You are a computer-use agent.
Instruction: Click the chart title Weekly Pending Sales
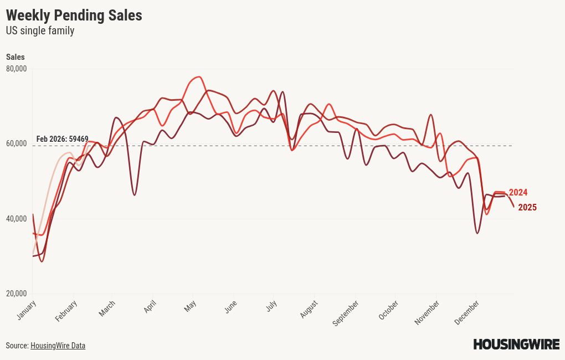pyautogui.click(x=74, y=16)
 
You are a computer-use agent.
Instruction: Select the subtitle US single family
pyautogui.click(x=40, y=31)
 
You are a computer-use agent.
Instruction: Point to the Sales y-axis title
pyautogui.click(x=15, y=57)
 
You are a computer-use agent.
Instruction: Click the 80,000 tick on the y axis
pyautogui.click(x=17, y=69)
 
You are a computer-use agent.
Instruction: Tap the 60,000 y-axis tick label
pyautogui.click(x=17, y=143)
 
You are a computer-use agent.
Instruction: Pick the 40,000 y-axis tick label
pyautogui.click(x=17, y=219)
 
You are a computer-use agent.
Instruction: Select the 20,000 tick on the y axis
pyautogui.click(x=17, y=294)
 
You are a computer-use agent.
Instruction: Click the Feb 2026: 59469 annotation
pyautogui.click(x=62, y=139)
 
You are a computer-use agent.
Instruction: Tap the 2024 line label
pyautogui.click(x=518, y=193)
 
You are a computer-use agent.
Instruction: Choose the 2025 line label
pyautogui.click(x=527, y=208)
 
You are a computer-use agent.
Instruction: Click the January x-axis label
pyautogui.click(x=27, y=310)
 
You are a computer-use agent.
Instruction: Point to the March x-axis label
pyautogui.click(x=107, y=308)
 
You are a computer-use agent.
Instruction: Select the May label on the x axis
pyautogui.click(x=191, y=306)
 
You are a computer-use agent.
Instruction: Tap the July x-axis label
pyautogui.click(x=271, y=306)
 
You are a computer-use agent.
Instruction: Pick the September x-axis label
pyautogui.click(x=346, y=312)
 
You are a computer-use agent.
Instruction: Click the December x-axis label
pyautogui.click(x=466, y=312)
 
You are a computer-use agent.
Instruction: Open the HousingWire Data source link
pyautogui.click(x=58, y=346)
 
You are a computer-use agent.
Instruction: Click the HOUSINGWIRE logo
pyautogui.click(x=516, y=344)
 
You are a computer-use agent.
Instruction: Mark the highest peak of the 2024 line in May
pyautogui.click(x=199, y=77)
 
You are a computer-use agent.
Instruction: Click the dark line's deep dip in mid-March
pyautogui.click(x=135, y=195)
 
